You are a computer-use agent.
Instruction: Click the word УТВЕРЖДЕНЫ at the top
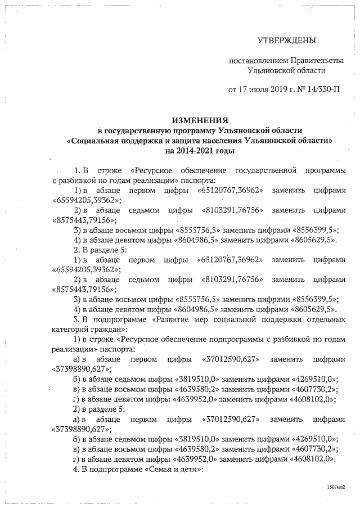point(286,40)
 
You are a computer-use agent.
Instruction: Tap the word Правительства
point(316,60)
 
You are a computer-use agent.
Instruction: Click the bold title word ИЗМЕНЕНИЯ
point(200,120)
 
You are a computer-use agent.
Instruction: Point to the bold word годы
point(223,151)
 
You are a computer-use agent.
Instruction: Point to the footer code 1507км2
point(336,487)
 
